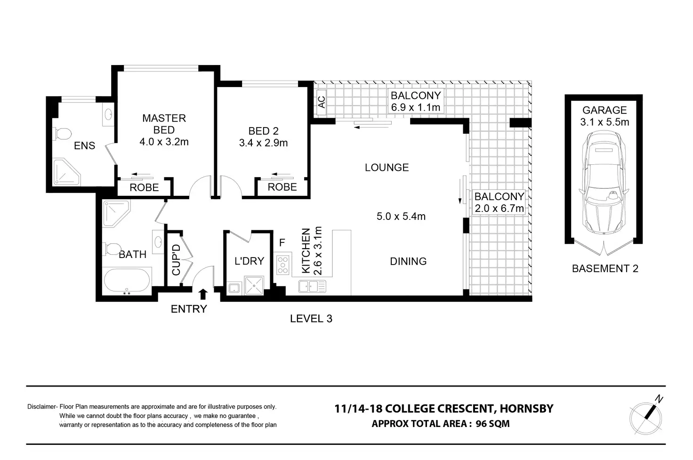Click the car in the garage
pyautogui.click(x=604, y=183)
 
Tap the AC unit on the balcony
pyautogui.click(x=322, y=102)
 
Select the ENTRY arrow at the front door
pyautogui.click(x=203, y=294)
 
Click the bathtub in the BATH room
pyautogui.click(x=128, y=281)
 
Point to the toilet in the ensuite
pyautogui.click(x=61, y=134)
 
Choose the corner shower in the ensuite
pyautogui.click(x=66, y=173)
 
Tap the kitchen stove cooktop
pyautogui.click(x=282, y=264)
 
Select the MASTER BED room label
pyautogui.click(x=164, y=124)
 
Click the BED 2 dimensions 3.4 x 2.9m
pyautogui.click(x=263, y=143)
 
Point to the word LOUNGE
pyautogui.click(x=387, y=168)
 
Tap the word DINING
pyautogui.click(x=408, y=261)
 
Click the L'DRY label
pyautogui.click(x=249, y=261)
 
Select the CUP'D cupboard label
pyautogui.click(x=176, y=259)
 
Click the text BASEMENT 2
pyautogui.click(x=605, y=269)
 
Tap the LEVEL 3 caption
pyautogui.click(x=311, y=319)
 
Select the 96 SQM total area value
pyautogui.click(x=492, y=423)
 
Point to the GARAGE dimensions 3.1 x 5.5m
pyautogui.click(x=604, y=122)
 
